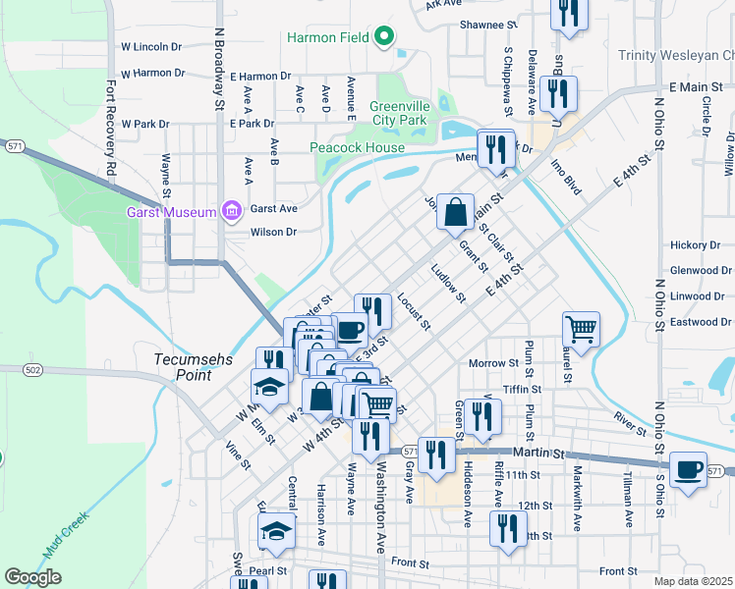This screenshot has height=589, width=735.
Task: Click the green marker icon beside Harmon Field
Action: pos(385,38)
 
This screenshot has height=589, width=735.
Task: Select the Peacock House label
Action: pos(357,148)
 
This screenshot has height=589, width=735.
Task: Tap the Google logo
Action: pos(32,577)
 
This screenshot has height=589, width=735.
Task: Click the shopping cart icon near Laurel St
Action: pos(581,330)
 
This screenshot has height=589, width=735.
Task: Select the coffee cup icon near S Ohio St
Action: pos(689,468)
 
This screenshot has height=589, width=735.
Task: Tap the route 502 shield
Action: pos(34,369)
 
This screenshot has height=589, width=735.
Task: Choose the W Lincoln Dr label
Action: pos(151,46)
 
